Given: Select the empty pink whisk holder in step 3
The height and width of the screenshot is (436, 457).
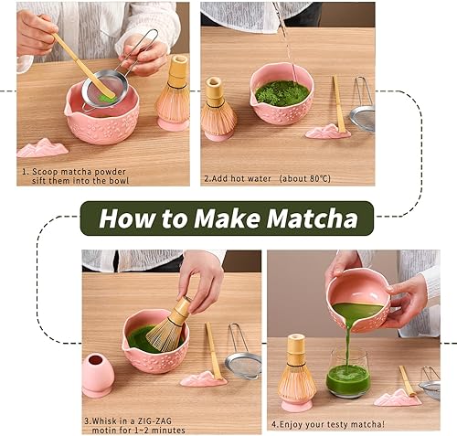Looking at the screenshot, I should point(98,375).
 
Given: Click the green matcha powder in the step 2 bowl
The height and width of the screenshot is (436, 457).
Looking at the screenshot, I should point(281,92).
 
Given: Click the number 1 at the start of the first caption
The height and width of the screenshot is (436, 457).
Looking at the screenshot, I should point(24,170).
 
